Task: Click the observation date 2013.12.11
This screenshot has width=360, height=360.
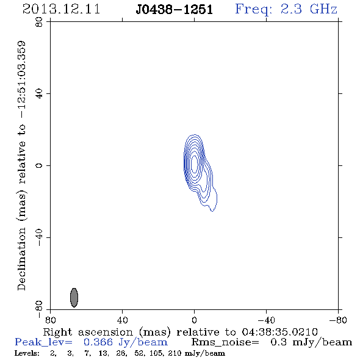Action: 61,9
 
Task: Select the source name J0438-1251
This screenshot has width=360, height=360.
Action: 174,9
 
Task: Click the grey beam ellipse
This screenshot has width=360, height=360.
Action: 74,298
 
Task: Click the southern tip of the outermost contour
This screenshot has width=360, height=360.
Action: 212,211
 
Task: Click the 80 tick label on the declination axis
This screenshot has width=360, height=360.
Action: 39,22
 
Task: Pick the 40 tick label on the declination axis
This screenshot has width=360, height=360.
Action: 39,94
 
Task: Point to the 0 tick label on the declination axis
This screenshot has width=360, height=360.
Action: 39,165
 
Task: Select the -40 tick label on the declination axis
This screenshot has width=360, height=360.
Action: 39,237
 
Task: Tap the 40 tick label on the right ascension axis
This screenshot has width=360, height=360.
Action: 122,320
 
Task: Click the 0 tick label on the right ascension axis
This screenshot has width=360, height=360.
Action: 194,320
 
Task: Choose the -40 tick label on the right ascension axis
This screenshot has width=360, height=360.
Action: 266,320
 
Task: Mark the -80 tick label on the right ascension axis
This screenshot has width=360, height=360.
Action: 338,320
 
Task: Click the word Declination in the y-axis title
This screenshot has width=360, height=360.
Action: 21,259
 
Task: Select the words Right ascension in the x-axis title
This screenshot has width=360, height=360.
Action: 88,332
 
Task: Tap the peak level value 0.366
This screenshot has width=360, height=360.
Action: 98,342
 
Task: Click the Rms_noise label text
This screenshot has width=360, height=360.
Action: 225,342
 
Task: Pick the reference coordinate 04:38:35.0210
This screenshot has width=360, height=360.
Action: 279,332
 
